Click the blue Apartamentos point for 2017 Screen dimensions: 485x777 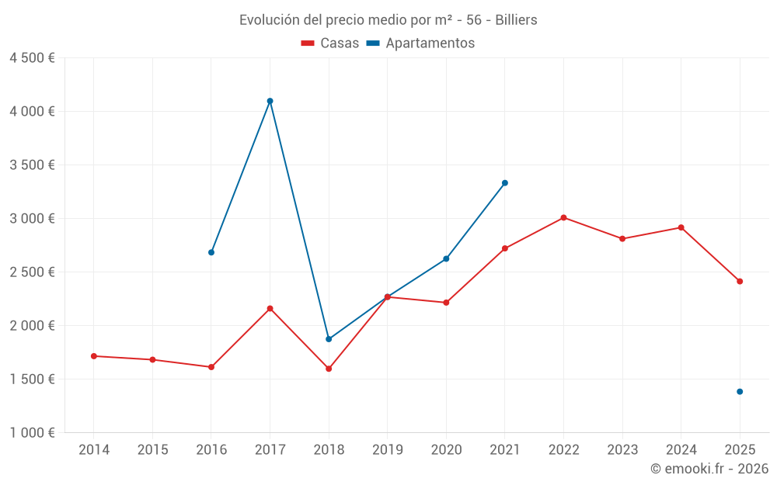point(270,101)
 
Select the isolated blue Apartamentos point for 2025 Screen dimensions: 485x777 point(740,392)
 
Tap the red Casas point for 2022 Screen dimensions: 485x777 point(563,217)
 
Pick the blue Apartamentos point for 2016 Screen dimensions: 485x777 point(211,252)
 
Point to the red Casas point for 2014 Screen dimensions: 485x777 point(93,356)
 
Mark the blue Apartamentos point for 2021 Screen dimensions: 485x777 point(505,183)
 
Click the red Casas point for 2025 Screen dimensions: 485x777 point(740,282)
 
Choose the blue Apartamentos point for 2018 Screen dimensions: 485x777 point(329,339)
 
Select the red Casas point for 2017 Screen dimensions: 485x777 point(270,309)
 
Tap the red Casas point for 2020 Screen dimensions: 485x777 point(446,303)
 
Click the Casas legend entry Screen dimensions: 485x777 point(330,43)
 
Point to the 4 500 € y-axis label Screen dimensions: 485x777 point(32,58)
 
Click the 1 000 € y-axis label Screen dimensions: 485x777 point(32,433)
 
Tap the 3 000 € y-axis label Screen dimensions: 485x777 point(32,219)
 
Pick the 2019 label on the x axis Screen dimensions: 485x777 point(387,450)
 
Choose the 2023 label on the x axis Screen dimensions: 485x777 point(622,450)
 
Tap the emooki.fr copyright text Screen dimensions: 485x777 point(709,469)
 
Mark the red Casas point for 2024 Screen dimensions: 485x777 point(681,227)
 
